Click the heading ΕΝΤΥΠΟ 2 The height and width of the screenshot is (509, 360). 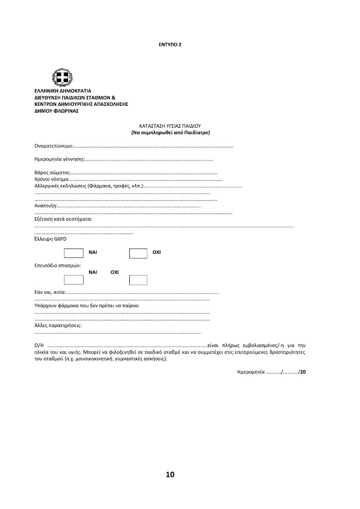click(170, 44)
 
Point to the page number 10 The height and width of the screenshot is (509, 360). click(170, 475)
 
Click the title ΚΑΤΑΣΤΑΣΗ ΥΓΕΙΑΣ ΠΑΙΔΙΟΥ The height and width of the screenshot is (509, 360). click(170, 126)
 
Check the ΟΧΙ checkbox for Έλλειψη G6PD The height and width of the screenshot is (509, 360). click(138, 253)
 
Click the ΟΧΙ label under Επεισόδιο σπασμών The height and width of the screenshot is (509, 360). click(114, 272)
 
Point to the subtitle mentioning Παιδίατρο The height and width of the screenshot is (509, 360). click(170, 133)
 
